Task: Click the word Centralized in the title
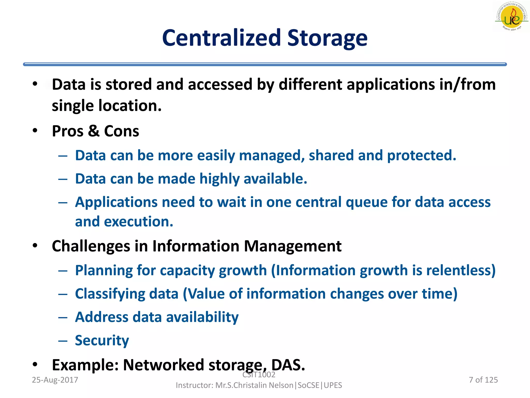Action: click(222, 38)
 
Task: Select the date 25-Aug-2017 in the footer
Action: click(55, 380)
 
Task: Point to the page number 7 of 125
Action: click(483, 380)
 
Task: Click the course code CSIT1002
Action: click(259, 375)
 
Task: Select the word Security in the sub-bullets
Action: click(102, 340)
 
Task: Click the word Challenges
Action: click(91, 246)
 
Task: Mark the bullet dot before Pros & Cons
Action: click(35, 130)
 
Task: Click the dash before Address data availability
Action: click(63, 317)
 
